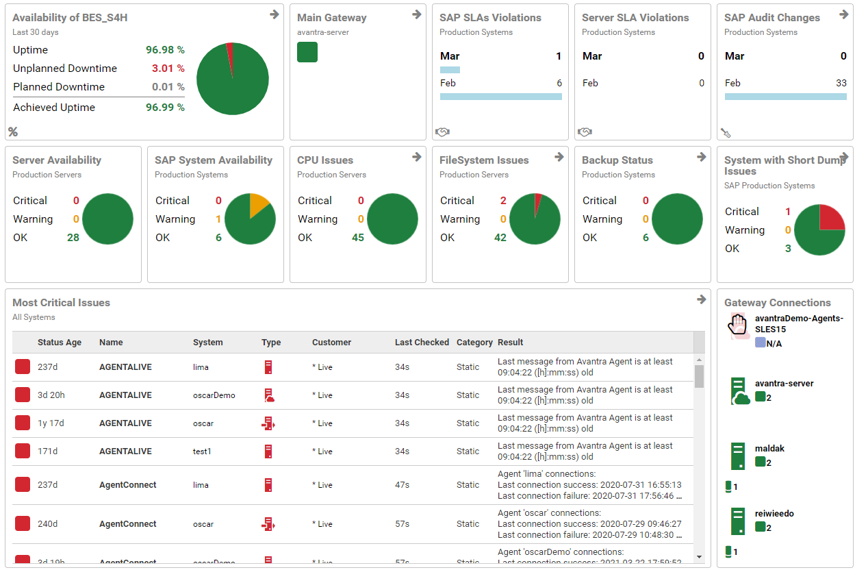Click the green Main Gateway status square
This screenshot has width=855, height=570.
tap(307, 52)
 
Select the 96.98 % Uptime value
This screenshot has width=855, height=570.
tap(165, 50)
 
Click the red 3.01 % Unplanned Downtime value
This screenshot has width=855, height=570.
tap(168, 69)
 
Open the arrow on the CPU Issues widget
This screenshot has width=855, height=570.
tap(416, 157)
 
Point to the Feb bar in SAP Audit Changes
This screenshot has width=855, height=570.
tap(785, 97)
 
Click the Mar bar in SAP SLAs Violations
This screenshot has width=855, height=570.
tap(450, 69)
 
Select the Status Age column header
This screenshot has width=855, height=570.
tap(60, 343)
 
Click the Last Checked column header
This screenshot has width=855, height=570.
tap(422, 343)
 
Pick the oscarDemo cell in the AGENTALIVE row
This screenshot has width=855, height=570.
tap(214, 395)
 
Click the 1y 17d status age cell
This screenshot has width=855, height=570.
tap(51, 423)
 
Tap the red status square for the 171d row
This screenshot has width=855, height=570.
tap(23, 451)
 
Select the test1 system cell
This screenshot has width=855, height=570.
tap(202, 451)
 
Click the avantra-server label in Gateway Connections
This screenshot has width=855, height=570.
tap(784, 384)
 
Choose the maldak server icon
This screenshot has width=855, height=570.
tap(737, 456)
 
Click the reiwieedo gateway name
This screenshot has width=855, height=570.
tap(774, 514)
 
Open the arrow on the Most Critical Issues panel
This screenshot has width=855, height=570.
tap(701, 299)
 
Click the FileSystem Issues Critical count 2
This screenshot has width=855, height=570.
tap(503, 201)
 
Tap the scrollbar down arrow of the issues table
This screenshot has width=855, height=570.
tap(699, 556)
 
